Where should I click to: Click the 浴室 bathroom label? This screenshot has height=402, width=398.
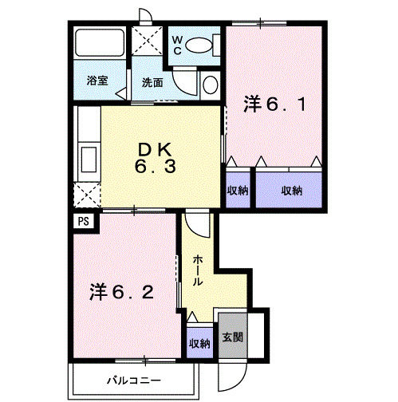(x=97, y=81)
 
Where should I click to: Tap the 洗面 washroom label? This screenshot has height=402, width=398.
(x=153, y=82)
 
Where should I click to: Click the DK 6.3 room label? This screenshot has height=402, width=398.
(x=160, y=156)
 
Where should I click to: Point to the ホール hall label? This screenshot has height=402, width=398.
(x=197, y=270)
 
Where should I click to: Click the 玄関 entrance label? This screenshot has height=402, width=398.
(x=233, y=337)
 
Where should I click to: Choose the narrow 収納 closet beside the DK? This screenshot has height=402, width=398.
(x=238, y=190)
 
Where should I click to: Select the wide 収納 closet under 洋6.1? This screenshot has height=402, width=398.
(x=291, y=190)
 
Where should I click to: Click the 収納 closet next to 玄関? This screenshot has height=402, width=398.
(x=199, y=343)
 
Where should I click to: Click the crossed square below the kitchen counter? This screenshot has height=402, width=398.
(x=86, y=194)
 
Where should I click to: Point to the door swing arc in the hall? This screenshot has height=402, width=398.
(x=200, y=227)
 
